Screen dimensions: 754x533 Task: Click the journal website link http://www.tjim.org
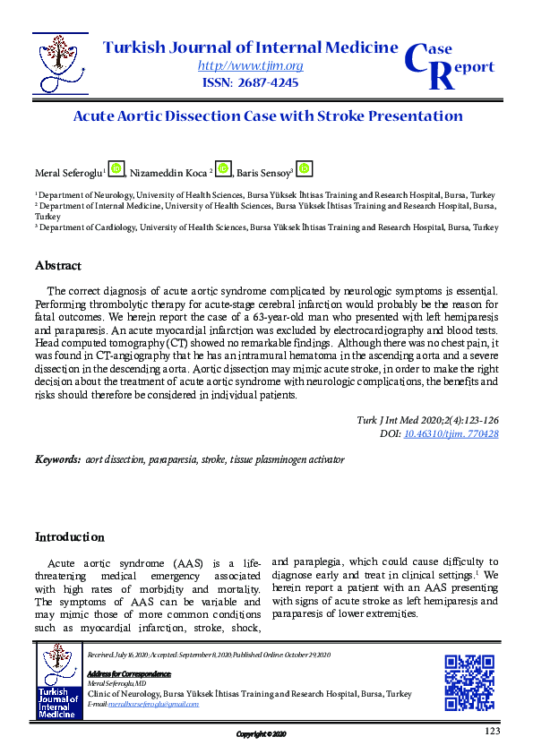click(x=250, y=65)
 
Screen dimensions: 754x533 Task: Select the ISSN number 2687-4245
click(x=250, y=82)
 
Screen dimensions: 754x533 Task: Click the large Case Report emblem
click(x=449, y=62)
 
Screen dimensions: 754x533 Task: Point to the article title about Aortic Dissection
click(x=267, y=116)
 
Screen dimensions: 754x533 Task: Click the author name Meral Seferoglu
click(x=69, y=172)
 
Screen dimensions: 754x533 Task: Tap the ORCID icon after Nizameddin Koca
click(x=223, y=169)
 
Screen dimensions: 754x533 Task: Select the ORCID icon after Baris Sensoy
click(x=305, y=169)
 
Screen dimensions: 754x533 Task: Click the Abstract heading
click(x=58, y=266)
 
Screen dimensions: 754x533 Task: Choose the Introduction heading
click(x=69, y=537)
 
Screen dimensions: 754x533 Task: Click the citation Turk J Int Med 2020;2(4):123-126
click(x=429, y=421)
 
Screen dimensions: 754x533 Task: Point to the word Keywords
click(x=57, y=459)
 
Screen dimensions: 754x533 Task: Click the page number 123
click(x=491, y=732)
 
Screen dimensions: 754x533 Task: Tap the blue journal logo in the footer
click(x=59, y=681)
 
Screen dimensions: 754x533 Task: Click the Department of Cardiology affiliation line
click(x=266, y=228)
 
